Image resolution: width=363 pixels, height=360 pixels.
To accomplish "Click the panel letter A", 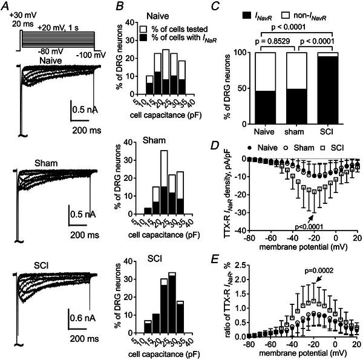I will click(x=5, y=6).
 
